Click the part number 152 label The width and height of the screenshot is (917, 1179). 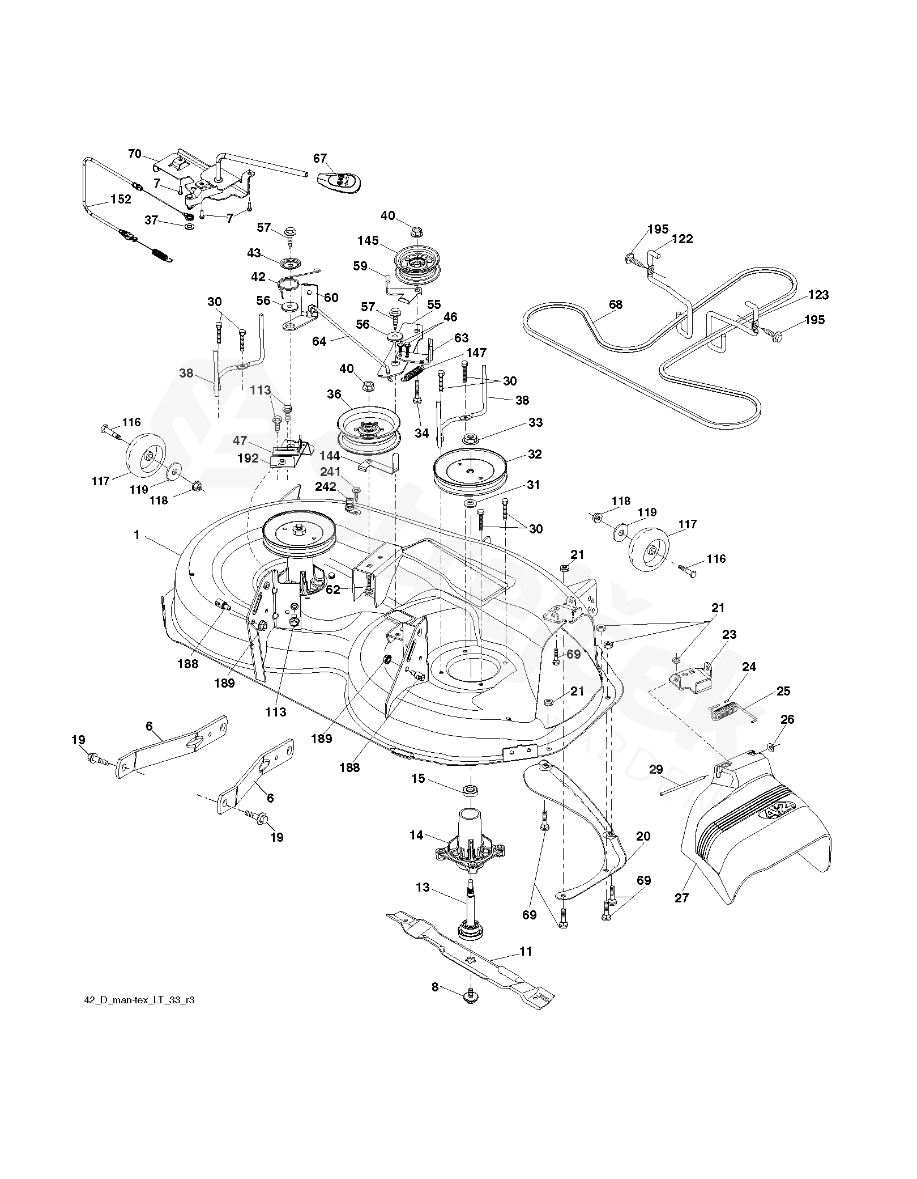(121, 200)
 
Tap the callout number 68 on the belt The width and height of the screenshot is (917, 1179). (615, 305)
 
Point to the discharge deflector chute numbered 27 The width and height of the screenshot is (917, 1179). (753, 828)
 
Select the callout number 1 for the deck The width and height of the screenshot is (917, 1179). (137, 535)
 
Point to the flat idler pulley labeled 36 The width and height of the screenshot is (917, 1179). (369, 427)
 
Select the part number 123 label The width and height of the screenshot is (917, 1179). (818, 295)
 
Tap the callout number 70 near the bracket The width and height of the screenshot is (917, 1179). (134, 154)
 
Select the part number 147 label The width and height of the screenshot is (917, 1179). (476, 353)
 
